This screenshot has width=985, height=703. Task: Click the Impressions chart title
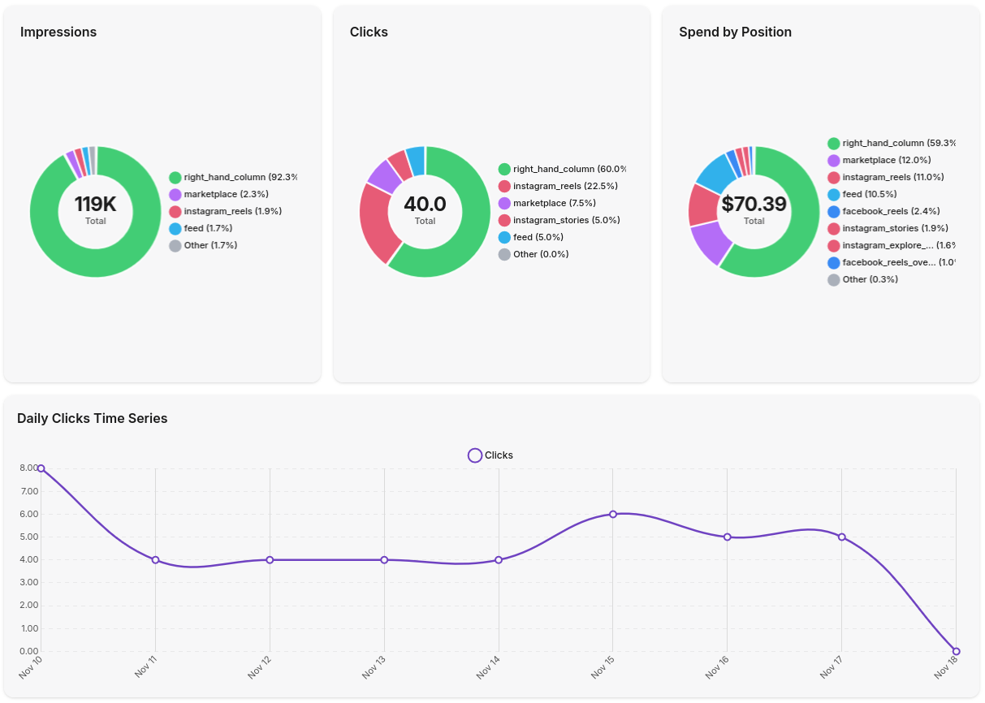click(58, 32)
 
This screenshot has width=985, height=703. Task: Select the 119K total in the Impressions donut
click(96, 205)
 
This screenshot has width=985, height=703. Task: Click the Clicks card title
click(369, 32)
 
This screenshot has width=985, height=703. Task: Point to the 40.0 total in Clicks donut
click(425, 205)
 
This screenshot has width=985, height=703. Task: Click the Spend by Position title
click(735, 32)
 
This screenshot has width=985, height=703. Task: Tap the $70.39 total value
click(754, 205)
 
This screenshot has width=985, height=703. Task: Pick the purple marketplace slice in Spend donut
click(708, 244)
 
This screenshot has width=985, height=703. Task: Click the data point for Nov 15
click(613, 514)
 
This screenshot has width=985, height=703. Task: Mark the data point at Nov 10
click(41, 468)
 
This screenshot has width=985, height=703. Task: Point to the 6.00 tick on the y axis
click(28, 514)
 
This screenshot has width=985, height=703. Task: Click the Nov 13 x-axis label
click(374, 667)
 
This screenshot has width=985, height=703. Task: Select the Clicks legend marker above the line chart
click(475, 455)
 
